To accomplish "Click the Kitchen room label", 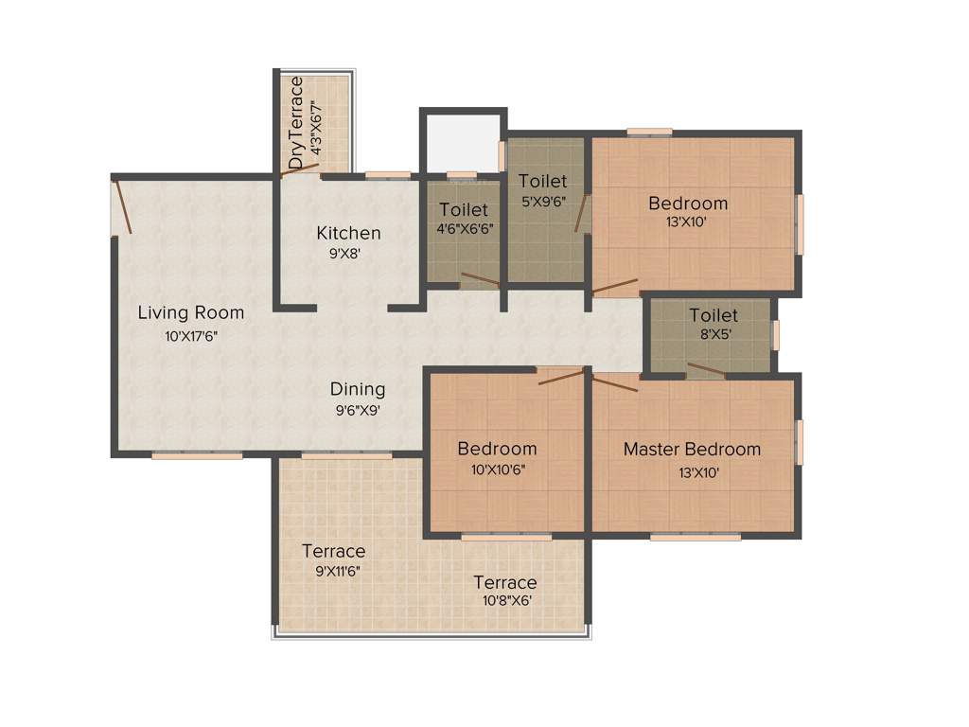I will click(348, 233).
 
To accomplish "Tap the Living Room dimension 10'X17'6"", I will click(191, 335).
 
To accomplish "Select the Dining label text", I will click(358, 389).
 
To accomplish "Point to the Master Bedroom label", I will click(691, 449).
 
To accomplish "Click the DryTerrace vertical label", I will click(296, 123).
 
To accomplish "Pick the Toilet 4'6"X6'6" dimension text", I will click(464, 228).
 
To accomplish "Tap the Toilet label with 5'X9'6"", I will click(542, 181).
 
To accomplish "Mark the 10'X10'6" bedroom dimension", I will click(497, 469).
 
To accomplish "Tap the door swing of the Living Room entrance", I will click(122, 207).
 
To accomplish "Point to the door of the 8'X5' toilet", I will click(706, 370).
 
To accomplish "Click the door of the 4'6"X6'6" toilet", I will click(480, 279).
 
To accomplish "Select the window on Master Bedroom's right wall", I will click(800, 442).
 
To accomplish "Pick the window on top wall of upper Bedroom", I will click(649, 131).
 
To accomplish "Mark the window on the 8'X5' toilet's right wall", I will click(775, 335).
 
